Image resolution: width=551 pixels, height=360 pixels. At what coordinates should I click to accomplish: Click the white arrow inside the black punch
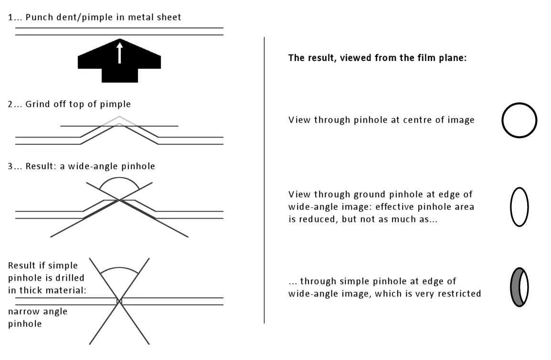point(119,53)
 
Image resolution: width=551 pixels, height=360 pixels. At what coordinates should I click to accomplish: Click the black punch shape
point(119,70)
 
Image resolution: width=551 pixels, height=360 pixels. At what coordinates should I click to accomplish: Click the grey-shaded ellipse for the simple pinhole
point(514,287)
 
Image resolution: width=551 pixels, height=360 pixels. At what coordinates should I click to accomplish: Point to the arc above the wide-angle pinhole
point(119,178)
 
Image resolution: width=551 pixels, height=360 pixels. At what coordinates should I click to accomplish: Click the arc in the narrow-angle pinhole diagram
point(119,268)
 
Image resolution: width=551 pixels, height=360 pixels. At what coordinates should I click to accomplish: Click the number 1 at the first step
point(10,17)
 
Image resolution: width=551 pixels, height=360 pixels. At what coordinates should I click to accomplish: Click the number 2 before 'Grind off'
point(10,105)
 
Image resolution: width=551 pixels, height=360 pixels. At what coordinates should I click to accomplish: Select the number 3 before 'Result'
point(10,166)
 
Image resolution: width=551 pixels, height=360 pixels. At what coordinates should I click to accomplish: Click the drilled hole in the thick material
point(119,301)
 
